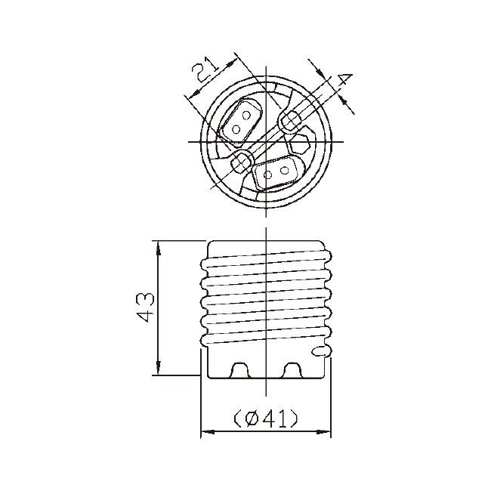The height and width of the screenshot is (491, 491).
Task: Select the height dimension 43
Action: coord(146,307)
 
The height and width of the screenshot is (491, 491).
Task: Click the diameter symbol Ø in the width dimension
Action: coord(252,418)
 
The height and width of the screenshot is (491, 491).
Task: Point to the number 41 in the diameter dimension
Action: coord(276,418)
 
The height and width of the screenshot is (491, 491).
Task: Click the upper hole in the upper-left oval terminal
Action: coord(246,116)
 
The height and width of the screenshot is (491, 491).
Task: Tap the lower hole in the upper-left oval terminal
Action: coord(236,128)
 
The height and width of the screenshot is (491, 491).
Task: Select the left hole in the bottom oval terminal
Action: coord(267,175)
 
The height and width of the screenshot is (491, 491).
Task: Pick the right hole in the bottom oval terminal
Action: coord(284,171)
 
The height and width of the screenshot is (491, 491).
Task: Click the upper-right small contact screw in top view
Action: coord(291,119)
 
